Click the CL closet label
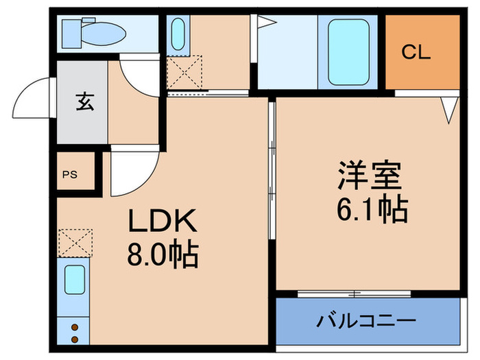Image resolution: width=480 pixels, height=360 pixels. tap(416, 52)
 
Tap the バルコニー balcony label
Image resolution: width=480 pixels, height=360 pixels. tap(366, 321)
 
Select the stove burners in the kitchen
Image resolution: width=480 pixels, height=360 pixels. tap(74, 332)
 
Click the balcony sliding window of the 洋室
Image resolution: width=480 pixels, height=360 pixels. tap(354, 293)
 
